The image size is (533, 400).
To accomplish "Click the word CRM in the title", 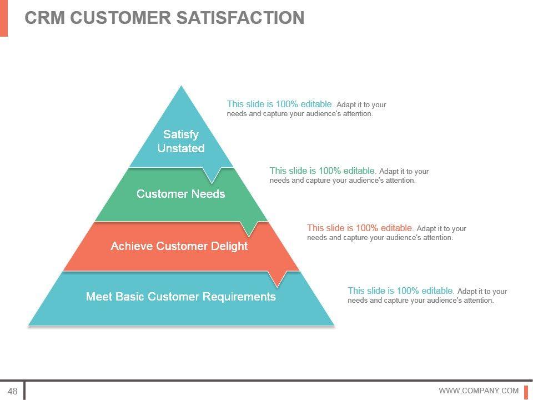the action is click(x=45, y=18).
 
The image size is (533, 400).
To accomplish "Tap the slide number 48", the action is click(x=12, y=391).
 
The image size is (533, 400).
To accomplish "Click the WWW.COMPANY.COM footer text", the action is click(x=479, y=391).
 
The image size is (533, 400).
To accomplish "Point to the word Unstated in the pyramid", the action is click(x=181, y=148).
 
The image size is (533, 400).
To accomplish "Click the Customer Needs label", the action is click(x=181, y=194).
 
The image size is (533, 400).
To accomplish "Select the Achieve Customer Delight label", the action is click(x=179, y=246).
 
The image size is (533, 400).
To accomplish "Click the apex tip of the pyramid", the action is click(x=182, y=88).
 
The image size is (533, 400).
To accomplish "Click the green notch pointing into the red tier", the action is click(x=250, y=228).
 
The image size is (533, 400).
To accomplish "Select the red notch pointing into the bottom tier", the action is click(x=277, y=278).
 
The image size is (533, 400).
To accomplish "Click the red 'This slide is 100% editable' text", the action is click(x=360, y=228).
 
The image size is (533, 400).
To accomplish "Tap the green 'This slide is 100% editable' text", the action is click(x=323, y=171).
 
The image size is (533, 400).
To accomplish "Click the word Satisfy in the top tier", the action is click(x=181, y=134).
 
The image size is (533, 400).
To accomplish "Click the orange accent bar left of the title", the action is click(x=4, y=18).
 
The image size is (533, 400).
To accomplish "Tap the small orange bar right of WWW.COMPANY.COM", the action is click(x=526, y=391).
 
